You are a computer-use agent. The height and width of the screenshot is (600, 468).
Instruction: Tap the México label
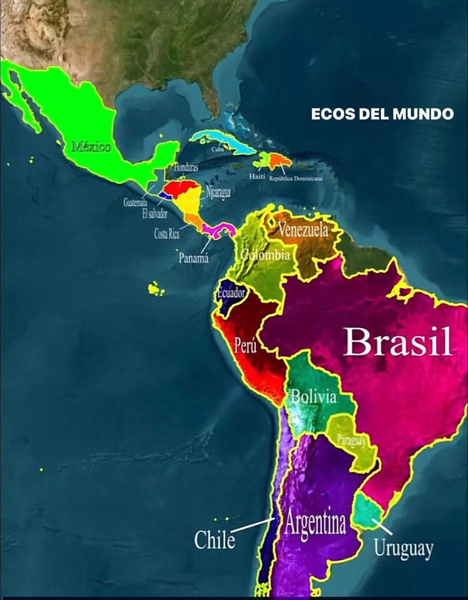click(91, 147)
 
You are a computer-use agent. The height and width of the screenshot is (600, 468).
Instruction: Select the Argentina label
click(315, 524)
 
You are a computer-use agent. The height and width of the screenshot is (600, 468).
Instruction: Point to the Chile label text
click(214, 540)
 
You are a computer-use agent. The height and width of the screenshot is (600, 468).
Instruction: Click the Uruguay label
click(403, 548)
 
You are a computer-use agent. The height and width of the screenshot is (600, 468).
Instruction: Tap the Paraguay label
click(351, 440)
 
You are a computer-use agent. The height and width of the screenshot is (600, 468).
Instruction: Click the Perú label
click(245, 346)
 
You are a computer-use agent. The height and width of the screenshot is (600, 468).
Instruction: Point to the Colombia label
click(265, 255)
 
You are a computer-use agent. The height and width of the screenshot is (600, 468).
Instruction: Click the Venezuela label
click(303, 230)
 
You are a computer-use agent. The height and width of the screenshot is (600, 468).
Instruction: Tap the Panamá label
click(193, 258)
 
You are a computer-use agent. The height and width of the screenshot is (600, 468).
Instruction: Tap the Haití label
click(256, 176)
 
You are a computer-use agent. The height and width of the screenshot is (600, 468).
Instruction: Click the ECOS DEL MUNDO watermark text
click(382, 114)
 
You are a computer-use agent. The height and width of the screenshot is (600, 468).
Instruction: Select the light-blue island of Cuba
click(220, 140)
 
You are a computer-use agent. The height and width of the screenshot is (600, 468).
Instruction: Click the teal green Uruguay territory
click(368, 511)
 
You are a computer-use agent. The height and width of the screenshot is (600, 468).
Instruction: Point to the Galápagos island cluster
click(156, 288)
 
